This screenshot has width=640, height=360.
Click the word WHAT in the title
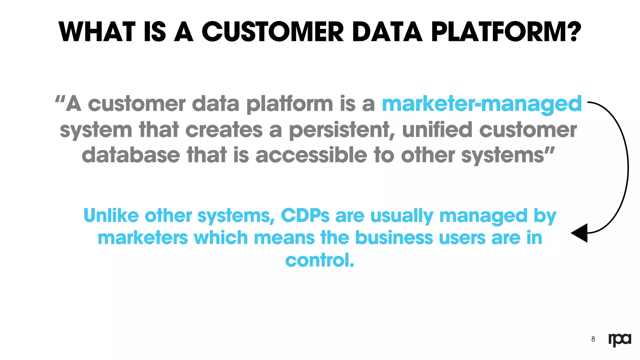click(97, 32)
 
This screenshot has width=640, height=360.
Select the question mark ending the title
click(573, 32)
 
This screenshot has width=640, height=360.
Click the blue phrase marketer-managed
click(482, 104)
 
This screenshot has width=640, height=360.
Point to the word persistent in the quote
click(340, 130)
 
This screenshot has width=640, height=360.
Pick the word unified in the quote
click(437, 130)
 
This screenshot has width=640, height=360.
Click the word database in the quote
click(131, 155)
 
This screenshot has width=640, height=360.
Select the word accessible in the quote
click(311, 155)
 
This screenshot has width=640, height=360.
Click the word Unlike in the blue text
click(111, 216)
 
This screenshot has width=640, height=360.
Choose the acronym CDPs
click(305, 216)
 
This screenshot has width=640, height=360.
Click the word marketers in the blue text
click(143, 238)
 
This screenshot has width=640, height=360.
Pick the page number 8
click(593, 339)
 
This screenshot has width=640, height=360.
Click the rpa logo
click(619, 339)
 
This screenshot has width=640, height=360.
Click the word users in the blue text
click(462, 238)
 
